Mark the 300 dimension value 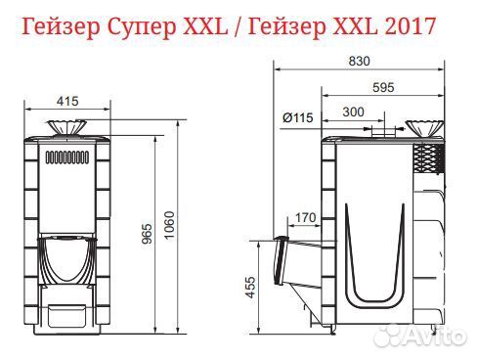[x=355, y=112]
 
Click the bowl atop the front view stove [x=66, y=130]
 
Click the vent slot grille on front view [x=66, y=157]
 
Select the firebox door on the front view [x=66, y=258]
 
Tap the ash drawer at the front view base [x=66, y=314]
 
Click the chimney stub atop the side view [x=382, y=131]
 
